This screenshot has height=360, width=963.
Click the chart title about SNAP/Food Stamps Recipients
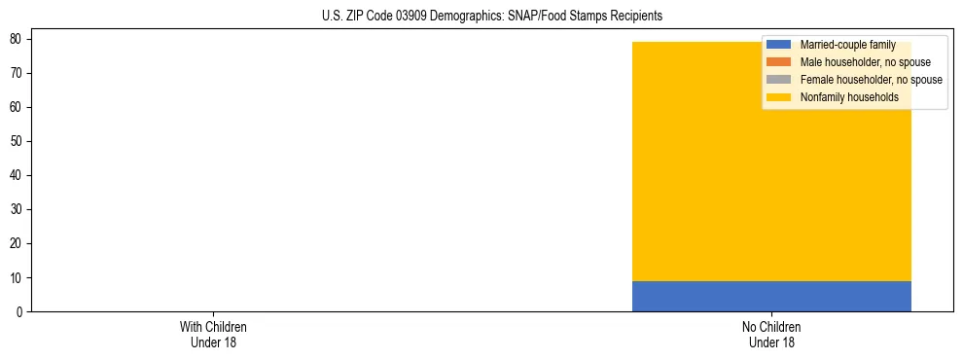click(x=491, y=17)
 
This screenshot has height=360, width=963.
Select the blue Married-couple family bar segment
click(x=771, y=296)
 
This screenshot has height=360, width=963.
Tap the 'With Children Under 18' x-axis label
click(x=213, y=334)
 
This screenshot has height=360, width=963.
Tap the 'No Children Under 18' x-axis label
click(x=771, y=334)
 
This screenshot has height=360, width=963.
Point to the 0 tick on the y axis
click(x=20, y=311)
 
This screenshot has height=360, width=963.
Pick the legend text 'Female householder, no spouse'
click(x=871, y=80)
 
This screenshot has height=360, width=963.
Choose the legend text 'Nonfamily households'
click(x=849, y=97)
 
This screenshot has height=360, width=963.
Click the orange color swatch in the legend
click(x=779, y=62)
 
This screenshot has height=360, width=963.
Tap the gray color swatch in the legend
click(x=779, y=80)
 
